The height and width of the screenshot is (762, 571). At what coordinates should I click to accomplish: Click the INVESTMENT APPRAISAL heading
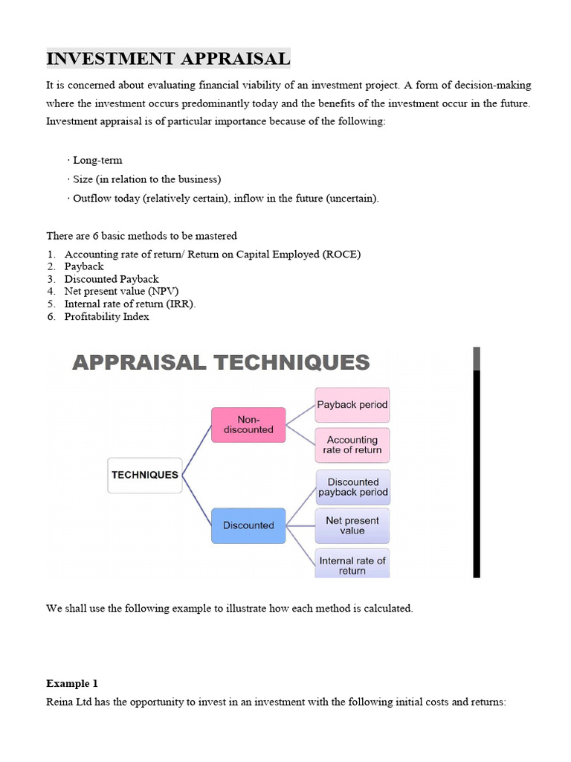168,58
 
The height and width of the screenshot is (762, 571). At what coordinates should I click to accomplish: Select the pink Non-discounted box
248,425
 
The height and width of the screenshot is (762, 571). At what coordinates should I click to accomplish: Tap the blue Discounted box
248,525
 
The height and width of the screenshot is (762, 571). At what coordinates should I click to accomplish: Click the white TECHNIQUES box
145,475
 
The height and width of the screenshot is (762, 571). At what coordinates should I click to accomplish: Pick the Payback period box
352,405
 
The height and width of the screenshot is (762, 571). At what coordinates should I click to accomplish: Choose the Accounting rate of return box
352,445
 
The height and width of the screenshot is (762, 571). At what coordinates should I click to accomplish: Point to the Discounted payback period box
352,487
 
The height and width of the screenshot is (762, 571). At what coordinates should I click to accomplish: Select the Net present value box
352,525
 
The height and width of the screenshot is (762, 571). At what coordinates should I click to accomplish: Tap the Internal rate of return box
352,565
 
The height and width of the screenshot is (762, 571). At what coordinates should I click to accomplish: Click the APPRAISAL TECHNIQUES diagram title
221,362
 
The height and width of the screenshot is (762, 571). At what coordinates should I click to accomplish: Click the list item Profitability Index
106,317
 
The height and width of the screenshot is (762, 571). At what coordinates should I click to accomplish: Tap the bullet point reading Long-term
97,160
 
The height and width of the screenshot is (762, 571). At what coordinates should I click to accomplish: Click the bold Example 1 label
72,683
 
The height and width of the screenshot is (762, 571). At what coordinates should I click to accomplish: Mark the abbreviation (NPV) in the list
163,292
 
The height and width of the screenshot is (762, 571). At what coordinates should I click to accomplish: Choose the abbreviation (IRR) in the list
181,304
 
